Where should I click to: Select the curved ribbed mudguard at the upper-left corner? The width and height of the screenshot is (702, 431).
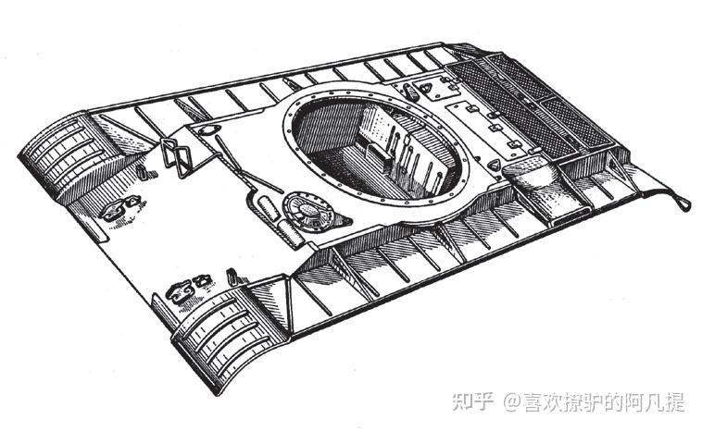tap(62, 151)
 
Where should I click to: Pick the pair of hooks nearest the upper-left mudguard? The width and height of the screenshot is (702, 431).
tap(119, 209)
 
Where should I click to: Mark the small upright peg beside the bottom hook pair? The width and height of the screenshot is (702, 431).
tap(231, 276)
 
